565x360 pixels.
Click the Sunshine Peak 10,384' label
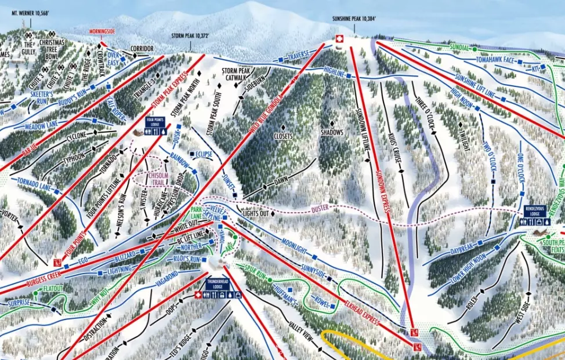click(x=354, y=19)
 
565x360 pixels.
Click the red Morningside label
click(x=103, y=31)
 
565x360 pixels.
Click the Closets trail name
click(x=284, y=136)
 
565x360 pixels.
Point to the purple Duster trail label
click(x=320, y=207)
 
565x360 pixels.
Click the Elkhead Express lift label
click(x=360, y=311)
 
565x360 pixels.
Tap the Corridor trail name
click(x=142, y=48)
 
